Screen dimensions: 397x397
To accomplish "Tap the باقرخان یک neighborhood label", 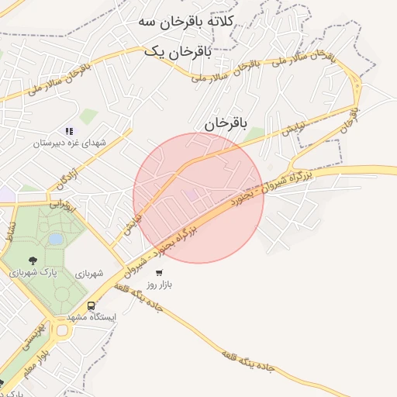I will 177,51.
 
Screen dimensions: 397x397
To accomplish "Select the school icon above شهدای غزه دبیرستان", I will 68,131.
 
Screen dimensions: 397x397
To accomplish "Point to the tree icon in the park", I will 32,261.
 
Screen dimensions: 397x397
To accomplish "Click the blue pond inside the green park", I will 55,240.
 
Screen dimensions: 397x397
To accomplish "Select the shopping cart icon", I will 159,273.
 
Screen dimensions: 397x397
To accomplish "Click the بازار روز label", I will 160,285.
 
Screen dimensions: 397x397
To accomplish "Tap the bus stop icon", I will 91,306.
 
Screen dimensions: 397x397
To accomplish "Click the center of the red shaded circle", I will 198,198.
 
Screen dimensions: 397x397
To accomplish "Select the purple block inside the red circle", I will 191,194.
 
